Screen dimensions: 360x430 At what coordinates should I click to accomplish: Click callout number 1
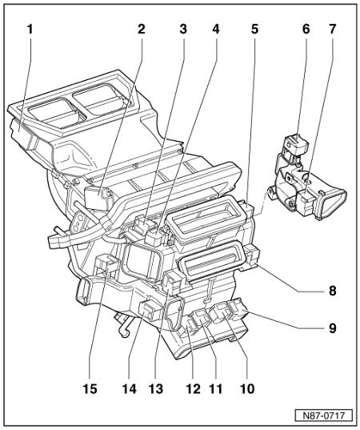click(x=30, y=30)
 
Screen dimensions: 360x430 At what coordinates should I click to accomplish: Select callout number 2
click(x=142, y=30)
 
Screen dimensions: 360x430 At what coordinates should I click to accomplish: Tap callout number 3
click(x=183, y=30)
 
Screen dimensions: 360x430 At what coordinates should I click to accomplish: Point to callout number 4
click(x=216, y=30)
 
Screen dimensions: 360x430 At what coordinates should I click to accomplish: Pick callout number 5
click(x=254, y=30)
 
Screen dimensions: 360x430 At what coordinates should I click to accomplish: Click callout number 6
click(x=306, y=30)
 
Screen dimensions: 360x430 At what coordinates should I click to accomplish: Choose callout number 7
click(x=332, y=30)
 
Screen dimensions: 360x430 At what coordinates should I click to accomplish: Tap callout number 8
click(x=333, y=291)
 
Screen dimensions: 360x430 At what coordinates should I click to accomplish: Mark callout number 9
click(x=333, y=328)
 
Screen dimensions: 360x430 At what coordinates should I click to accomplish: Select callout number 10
click(x=247, y=388)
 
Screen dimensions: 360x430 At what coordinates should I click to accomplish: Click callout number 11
click(x=216, y=388)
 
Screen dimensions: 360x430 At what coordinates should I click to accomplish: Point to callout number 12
click(x=193, y=388)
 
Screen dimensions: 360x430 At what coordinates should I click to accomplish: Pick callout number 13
click(x=156, y=388)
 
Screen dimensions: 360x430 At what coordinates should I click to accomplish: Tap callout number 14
click(x=130, y=388)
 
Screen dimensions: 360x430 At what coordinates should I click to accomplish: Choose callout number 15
click(x=90, y=388)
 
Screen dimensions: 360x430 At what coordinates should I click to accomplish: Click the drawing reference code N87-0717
click(x=323, y=416)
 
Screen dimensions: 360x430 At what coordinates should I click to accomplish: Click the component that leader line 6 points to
click(x=295, y=146)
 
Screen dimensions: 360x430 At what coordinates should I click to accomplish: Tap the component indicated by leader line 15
click(x=106, y=263)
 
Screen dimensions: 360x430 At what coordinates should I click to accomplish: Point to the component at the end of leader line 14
click(x=150, y=310)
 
